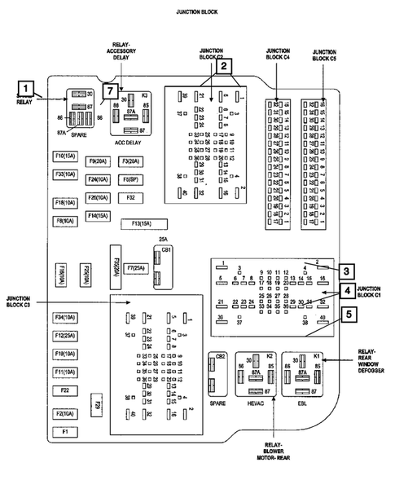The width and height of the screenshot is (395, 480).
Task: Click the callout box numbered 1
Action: click(28, 87)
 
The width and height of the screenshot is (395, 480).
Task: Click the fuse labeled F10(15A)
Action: click(64, 156)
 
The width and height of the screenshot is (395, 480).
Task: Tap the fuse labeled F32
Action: click(129, 197)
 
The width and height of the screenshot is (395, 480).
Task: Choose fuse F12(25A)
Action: click(65, 336)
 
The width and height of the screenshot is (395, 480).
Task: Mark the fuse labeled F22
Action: click(65, 392)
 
